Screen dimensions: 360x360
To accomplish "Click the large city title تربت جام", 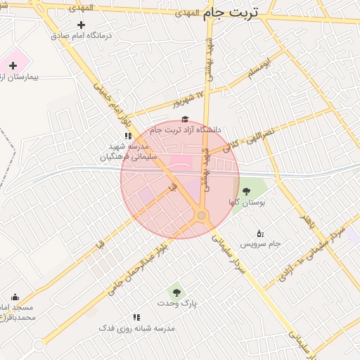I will coord(231,13).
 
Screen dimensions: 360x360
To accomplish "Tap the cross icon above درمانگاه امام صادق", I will coord(81,25).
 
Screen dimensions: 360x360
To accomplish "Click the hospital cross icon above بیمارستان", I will coord(13,65).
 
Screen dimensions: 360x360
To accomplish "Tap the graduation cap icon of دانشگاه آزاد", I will coord(185,120).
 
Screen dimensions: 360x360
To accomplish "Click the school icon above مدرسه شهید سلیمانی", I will coord(128,135).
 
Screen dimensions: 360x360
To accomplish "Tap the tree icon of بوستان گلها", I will coord(246,191).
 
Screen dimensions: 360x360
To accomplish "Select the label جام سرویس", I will coord(260,244).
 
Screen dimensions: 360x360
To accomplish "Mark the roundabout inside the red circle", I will coord(202,215).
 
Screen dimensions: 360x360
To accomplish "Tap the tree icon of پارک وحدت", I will coord(176,292).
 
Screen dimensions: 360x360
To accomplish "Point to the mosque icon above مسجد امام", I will coord(15,297).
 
